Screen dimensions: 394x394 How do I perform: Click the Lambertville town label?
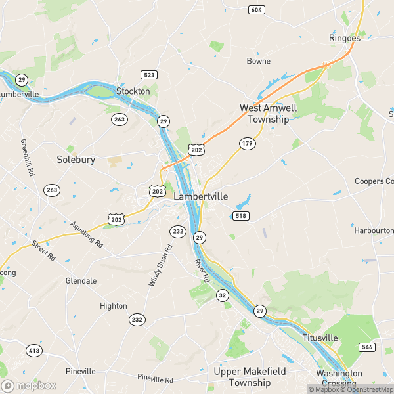201,196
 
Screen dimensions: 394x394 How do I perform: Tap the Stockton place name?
133,91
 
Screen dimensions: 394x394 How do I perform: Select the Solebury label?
76,160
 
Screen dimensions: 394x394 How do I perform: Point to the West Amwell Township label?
268,114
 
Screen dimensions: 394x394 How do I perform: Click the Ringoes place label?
345,38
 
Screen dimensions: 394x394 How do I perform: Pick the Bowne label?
258,61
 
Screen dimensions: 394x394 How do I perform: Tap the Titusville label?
320,338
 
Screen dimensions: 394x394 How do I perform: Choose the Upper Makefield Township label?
250,377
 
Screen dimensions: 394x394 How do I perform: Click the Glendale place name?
81,280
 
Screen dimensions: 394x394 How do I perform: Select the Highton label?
113,306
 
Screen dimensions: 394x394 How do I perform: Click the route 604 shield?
256,9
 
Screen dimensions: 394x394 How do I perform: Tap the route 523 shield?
148,75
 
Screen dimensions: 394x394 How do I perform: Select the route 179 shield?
247,143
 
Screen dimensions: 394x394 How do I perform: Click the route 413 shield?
34,351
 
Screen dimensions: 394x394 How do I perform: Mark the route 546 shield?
366,346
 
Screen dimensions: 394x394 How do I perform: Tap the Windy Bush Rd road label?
161,265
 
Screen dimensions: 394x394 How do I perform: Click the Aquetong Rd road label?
87,234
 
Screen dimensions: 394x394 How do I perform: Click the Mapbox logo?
29,385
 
